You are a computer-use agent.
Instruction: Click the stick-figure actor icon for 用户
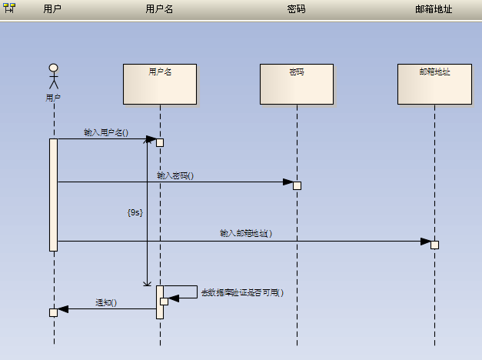point(53,77)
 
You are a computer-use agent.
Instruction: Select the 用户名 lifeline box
point(160,84)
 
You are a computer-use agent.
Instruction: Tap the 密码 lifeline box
point(297,84)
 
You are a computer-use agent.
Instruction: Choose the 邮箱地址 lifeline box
point(434,84)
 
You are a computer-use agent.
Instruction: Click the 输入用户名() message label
point(106,132)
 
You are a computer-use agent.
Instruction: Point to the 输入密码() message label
point(175,175)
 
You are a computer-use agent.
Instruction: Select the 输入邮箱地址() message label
point(246,233)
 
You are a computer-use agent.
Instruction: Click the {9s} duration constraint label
point(135,212)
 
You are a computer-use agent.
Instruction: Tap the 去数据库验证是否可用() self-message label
point(242,292)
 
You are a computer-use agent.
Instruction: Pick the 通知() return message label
point(106,302)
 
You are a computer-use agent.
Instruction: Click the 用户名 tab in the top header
point(159,9)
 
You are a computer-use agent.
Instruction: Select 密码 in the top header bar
point(296,9)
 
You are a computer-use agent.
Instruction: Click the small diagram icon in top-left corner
point(9,8)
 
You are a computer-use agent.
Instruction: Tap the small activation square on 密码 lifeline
point(297,185)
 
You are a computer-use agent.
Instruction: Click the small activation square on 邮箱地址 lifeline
point(434,245)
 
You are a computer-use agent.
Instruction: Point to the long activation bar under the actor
point(54,195)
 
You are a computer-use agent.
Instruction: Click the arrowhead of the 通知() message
point(64,309)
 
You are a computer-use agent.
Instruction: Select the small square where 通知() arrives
point(53,312)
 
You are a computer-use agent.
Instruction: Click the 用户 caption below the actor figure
point(53,98)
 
